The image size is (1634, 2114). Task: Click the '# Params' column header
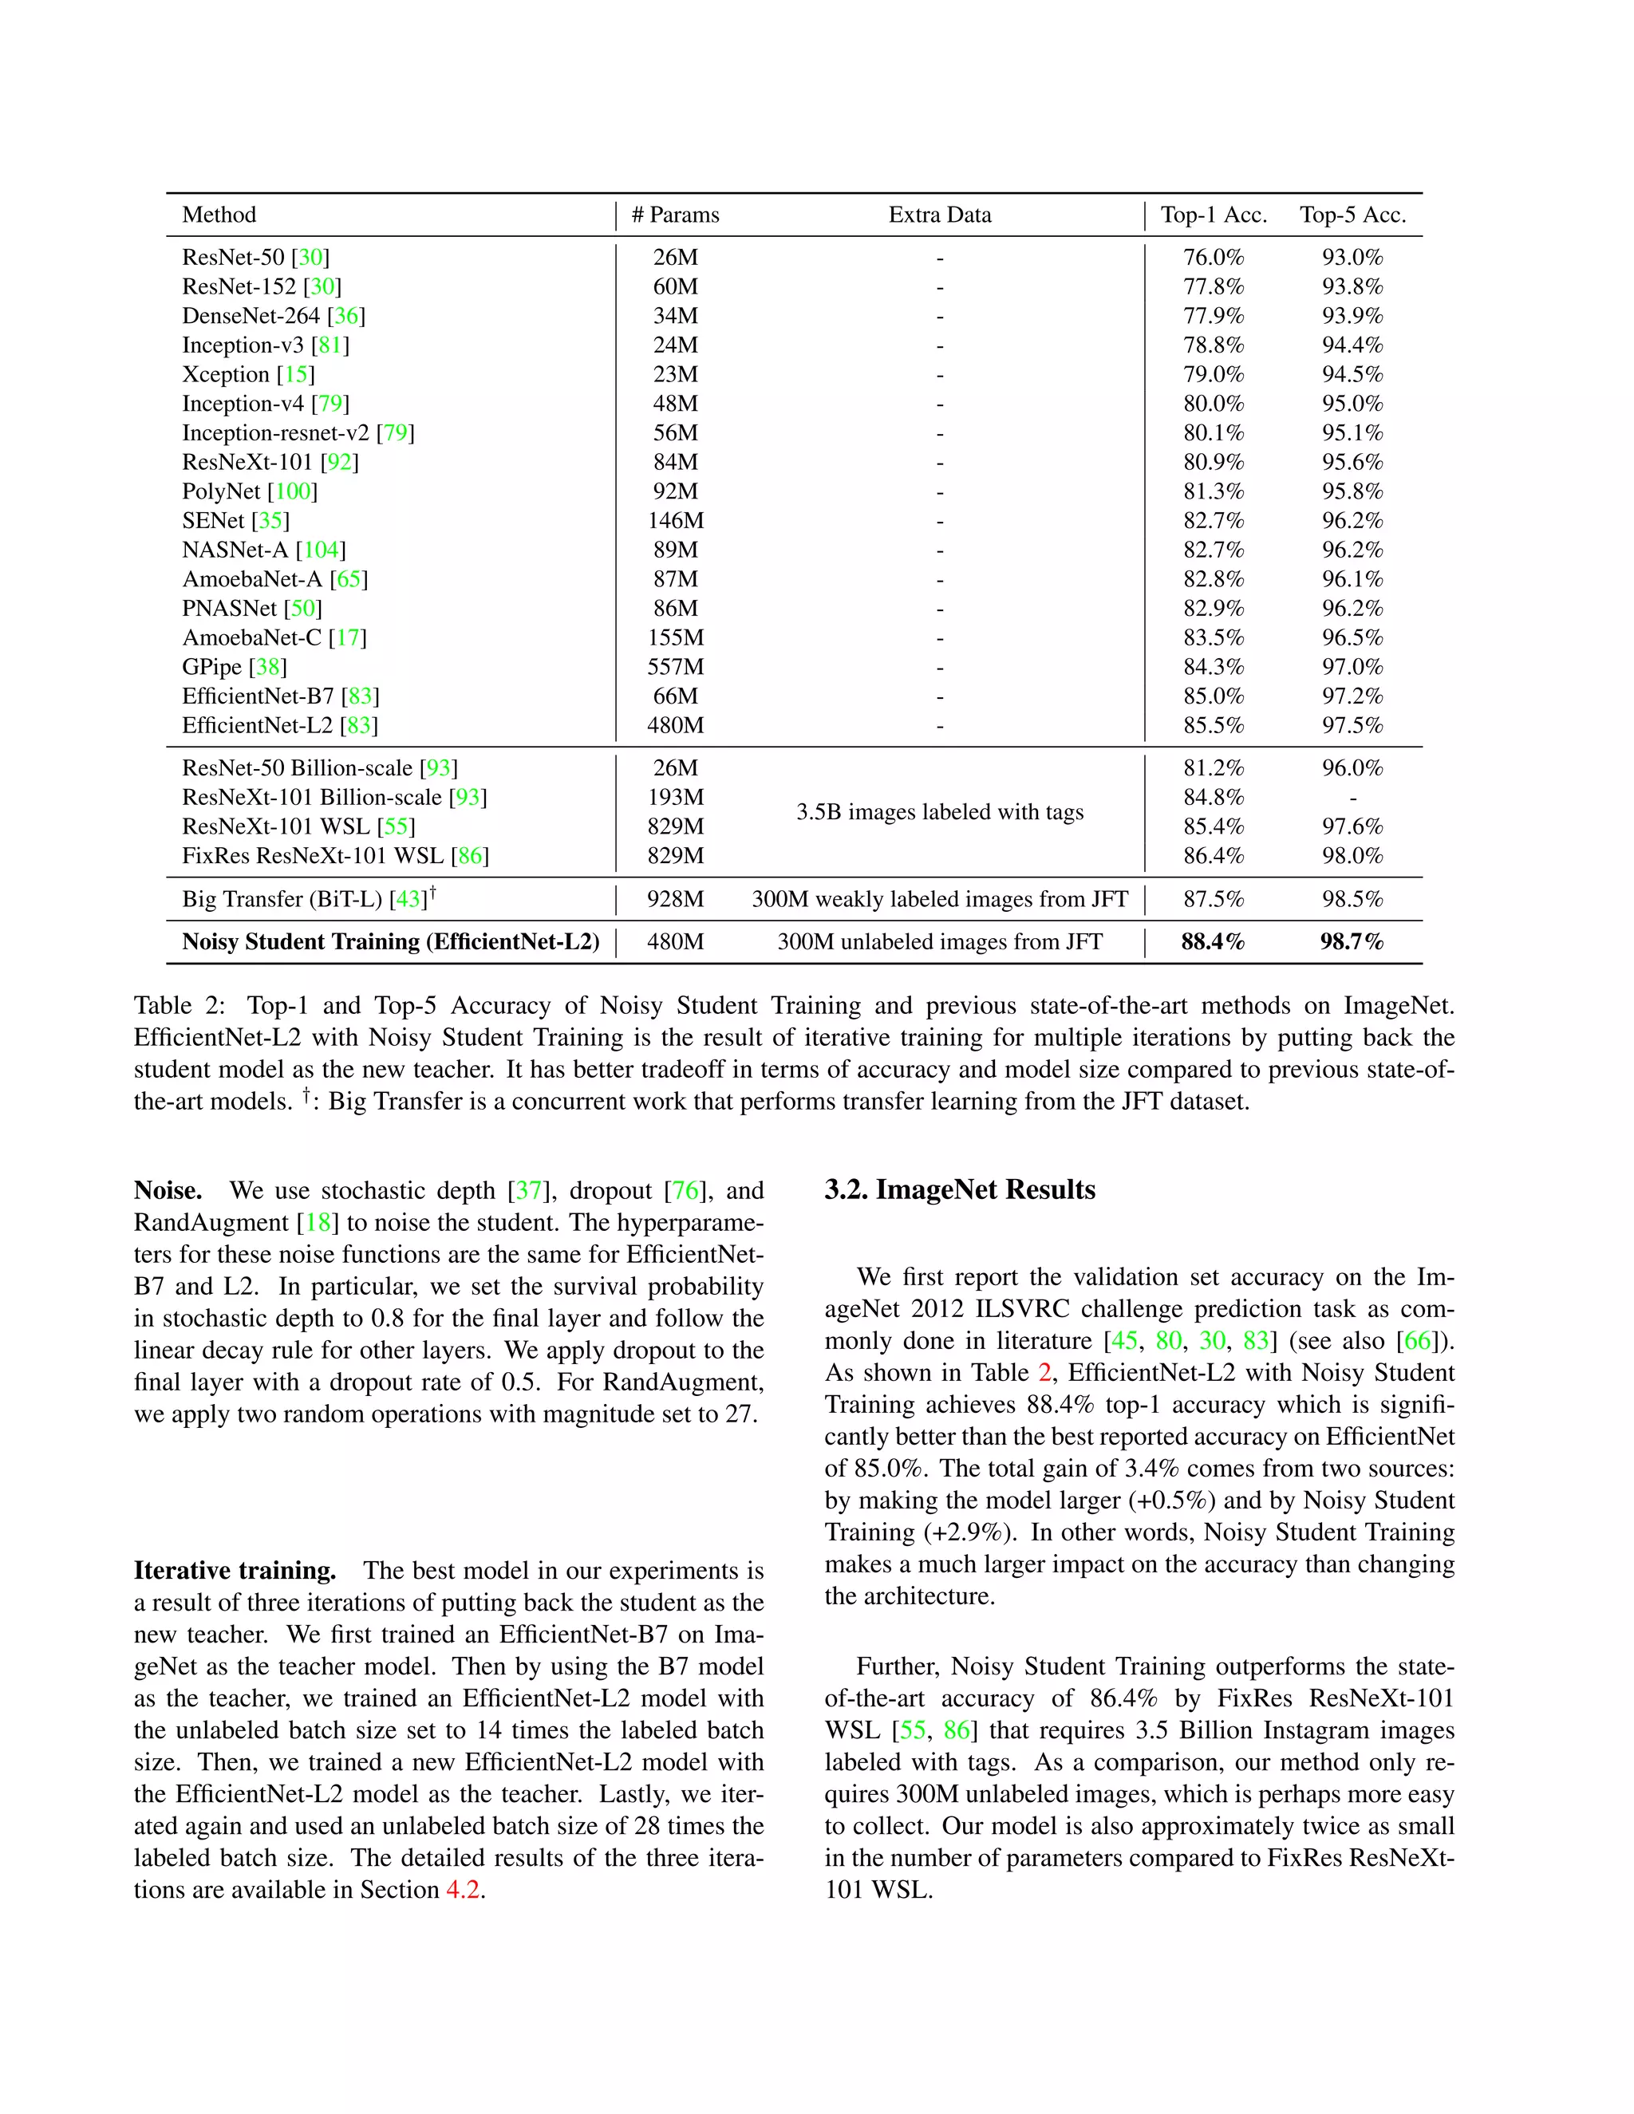[x=675, y=215]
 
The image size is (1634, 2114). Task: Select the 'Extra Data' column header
[x=939, y=215]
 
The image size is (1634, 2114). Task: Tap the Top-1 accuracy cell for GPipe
[x=1213, y=667]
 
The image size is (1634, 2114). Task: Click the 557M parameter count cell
[x=675, y=667]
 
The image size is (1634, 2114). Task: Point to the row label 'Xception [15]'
[x=248, y=375]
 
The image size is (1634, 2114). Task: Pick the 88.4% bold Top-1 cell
[x=1212, y=942]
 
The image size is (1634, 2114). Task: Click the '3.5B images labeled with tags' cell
[x=939, y=812]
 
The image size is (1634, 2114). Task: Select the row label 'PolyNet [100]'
[x=249, y=491]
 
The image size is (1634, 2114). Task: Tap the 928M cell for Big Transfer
[x=675, y=899]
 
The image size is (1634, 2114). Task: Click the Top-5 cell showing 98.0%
[x=1352, y=856]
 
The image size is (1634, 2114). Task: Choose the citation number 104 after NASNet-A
[x=321, y=550]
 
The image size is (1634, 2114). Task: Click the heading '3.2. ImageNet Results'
[x=959, y=1189]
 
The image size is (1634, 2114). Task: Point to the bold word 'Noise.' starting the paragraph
[x=168, y=1190]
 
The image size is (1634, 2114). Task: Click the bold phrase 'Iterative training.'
[x=235, y=1570]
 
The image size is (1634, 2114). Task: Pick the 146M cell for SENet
[x=675, y=521]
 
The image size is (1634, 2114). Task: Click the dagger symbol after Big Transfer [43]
[x=432, y=893]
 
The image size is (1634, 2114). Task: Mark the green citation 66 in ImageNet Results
[x=1416, y=1341]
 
